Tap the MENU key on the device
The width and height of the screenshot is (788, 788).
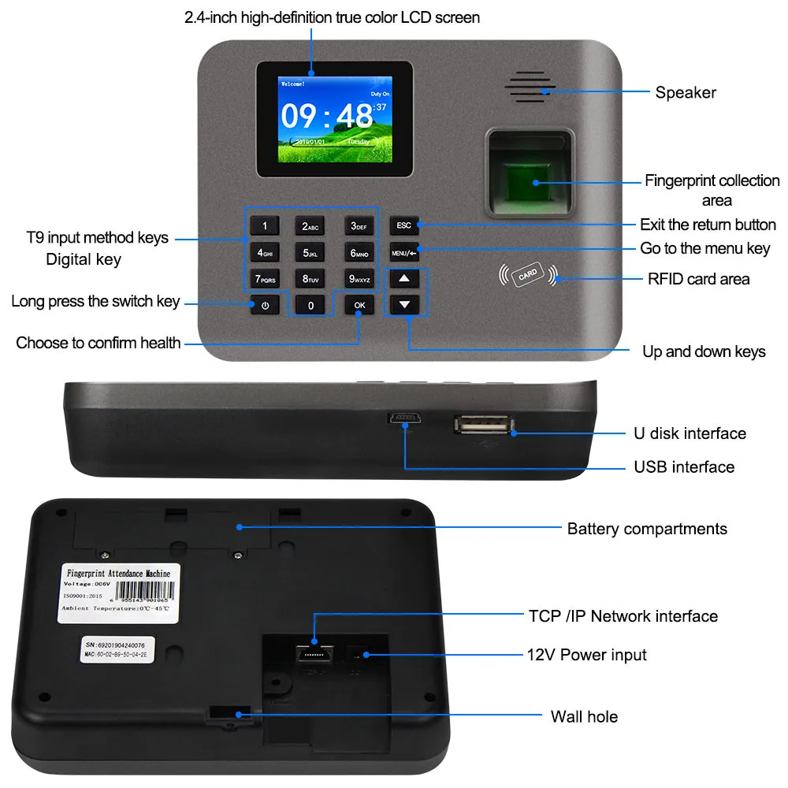pos(403,253)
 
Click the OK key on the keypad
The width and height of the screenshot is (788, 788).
pos(359,305)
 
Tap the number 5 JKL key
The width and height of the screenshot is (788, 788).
pos(310,253)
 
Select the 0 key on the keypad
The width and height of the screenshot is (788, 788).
pos(310,305)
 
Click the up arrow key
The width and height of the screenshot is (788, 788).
pos(404,278)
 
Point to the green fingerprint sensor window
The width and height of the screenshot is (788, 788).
pos(526,181)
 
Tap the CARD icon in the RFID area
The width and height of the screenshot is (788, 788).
pos(527,274)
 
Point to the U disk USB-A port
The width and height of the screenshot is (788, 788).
pos(482,426)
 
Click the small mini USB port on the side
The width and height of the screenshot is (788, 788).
pos(403,419)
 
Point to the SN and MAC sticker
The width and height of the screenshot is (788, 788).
pos(117,649)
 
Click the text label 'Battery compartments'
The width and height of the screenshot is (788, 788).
pos(647,529)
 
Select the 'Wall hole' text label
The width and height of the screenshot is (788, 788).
pos(584,716)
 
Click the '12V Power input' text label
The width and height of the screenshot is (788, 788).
pos(586,654)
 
